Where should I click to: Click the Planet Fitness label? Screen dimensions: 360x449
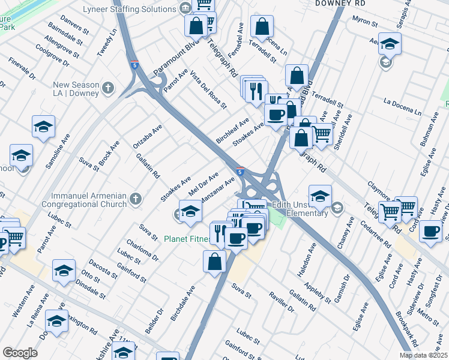click(187, 239)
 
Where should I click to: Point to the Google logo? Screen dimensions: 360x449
click(20, 353)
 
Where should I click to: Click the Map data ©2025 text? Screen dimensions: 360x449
click(423, 355)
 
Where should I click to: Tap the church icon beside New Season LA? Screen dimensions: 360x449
click(108, 89)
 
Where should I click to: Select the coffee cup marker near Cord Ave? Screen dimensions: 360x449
click(430, 231)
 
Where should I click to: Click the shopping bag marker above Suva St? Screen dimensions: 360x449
click(215, 261)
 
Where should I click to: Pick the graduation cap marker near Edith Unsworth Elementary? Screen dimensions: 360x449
click(320, 196)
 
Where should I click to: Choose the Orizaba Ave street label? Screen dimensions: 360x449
click(148, 137)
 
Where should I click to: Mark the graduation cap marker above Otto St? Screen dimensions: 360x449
click(63, 270)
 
